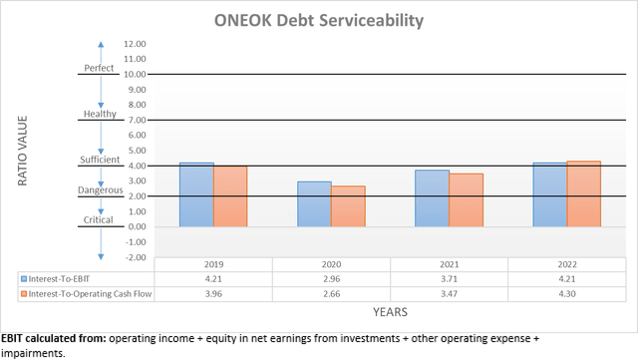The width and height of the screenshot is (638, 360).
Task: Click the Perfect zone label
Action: (x=100, y=68)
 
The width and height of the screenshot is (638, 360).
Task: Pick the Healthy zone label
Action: (x=100, y=114)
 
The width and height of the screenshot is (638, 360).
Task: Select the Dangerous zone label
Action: (x=100, y=189)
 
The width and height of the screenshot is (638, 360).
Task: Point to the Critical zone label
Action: (x=100, y=220)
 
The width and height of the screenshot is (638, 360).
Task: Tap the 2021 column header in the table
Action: (x=449, y=265)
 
